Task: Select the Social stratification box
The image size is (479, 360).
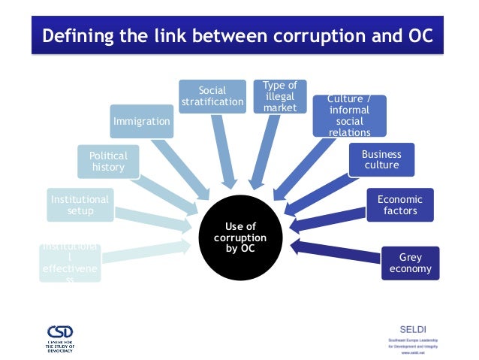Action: pos(212,96)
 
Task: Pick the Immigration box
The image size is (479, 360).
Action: pos(141,120)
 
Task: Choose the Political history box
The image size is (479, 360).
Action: pos(108,162)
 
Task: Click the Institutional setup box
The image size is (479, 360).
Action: pos(80,204)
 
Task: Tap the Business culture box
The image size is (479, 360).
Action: pos(381,160)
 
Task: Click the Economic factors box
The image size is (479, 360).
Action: pos(400,204)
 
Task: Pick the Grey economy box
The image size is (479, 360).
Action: pos(411,263)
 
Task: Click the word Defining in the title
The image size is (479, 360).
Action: pos(76,35)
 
